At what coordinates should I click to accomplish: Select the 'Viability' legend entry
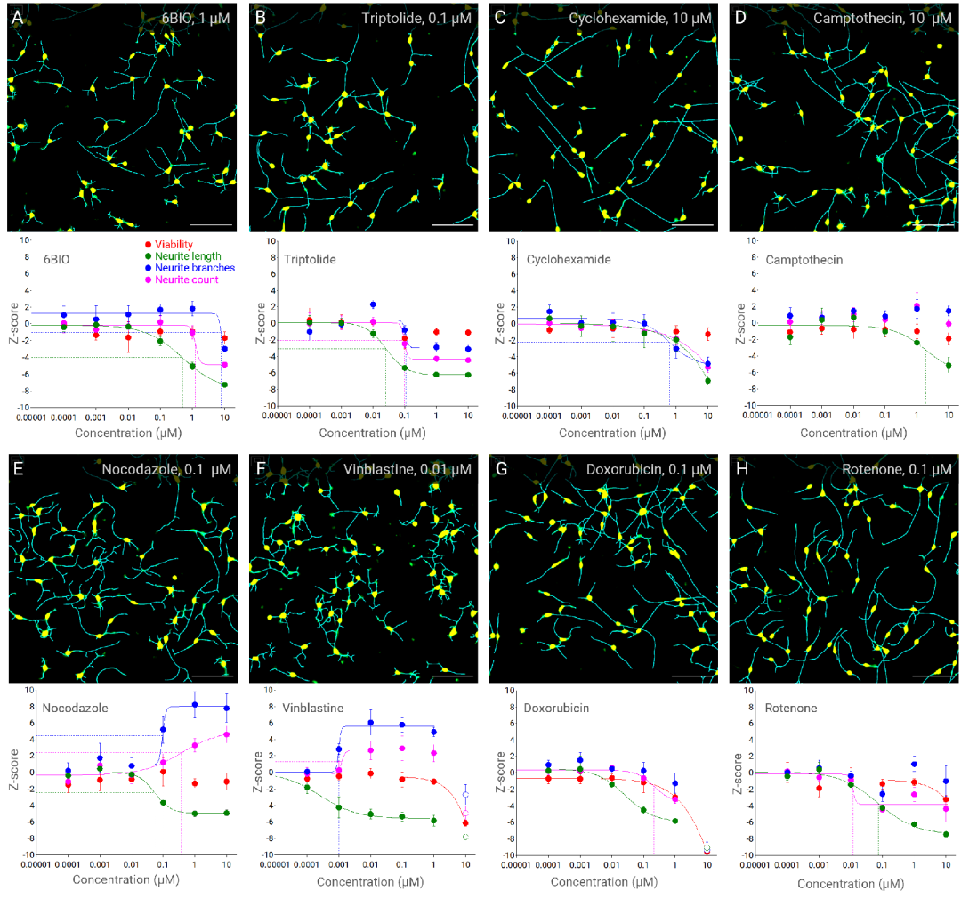point(175,245)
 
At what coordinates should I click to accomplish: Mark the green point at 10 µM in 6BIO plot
point(225,385)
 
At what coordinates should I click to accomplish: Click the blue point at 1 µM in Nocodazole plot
point(195,705)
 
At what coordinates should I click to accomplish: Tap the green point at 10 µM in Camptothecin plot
point(949,365)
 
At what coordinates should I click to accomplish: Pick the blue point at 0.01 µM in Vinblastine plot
point(370,723)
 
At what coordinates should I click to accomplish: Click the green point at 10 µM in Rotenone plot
point(946,834)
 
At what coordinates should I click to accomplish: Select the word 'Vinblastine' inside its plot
point(311,709)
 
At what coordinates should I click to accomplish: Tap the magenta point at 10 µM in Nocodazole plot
point(226,734)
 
